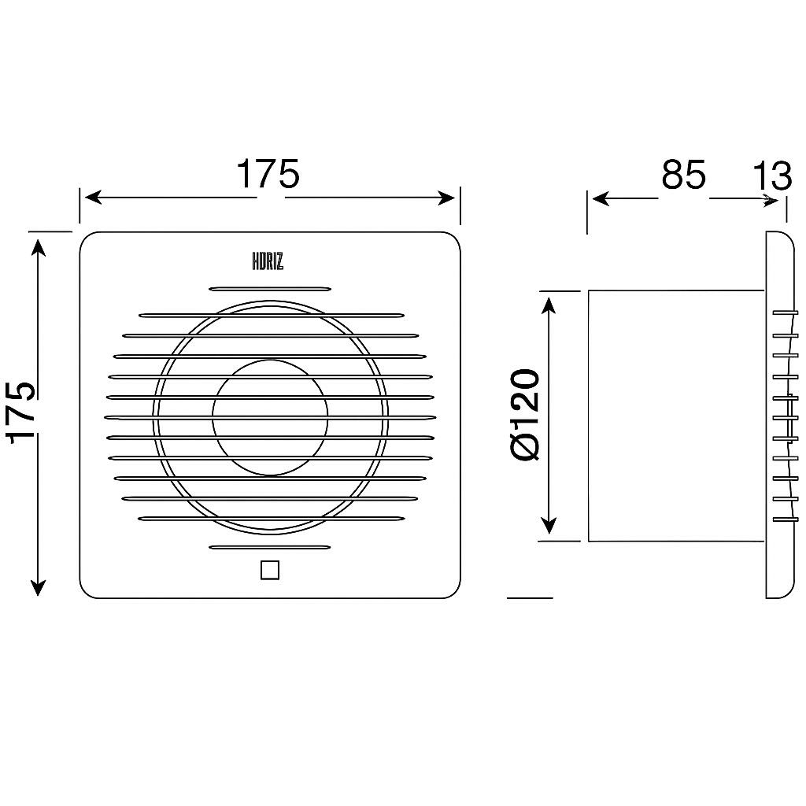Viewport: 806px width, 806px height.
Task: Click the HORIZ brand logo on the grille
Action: [268, 261]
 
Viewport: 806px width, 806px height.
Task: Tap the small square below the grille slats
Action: [270, 570]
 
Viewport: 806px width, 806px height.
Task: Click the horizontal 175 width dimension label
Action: [268, 174]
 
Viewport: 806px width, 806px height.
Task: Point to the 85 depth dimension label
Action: [684, 174]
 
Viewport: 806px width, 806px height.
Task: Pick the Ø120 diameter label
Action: [525, 414]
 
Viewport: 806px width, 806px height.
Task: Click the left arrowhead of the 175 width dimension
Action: [93, 198]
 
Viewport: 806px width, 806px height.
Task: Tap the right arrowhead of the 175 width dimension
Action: [446, 198]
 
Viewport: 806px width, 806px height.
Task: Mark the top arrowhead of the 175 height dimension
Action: [38, 246]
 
